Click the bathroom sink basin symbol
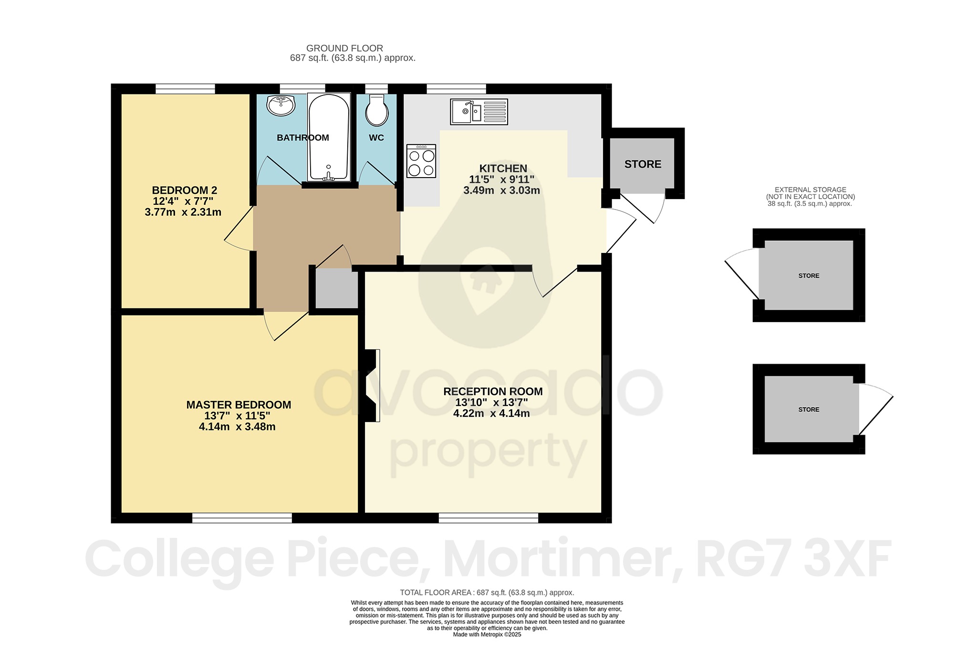click(281, 105)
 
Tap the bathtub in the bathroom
click(329, 136)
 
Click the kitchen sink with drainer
click(478, 112)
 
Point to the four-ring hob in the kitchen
click(421, 161)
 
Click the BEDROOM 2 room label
click(185, 190)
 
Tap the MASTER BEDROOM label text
click(239, 405)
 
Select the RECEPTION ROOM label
click(493, 391)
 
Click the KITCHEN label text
click(503, 168)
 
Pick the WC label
click(376, 138)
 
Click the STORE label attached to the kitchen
click(643, 164)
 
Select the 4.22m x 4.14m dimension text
click(491, 413)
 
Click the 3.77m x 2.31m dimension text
click(183, 212)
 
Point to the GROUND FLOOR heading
click(344, 48)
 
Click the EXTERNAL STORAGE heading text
click(810, 189)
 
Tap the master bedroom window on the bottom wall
click(242, 518)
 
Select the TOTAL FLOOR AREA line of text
click(487, 592)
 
